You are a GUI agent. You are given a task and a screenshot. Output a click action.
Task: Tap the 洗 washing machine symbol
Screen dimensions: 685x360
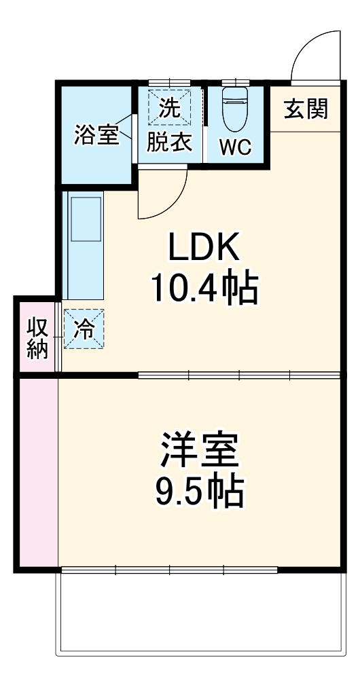pos(169,106)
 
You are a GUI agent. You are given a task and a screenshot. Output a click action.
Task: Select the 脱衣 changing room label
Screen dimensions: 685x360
pos(170,144)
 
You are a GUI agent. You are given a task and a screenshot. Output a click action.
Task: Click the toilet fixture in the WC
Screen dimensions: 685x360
pos(236,109)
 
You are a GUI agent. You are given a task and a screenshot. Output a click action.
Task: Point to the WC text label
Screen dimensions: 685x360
pos(236,145)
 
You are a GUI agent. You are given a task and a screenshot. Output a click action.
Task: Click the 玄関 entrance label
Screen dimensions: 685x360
pos(306,109)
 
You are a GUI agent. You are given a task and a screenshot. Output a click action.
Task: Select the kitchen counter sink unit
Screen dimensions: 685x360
pos(84,244)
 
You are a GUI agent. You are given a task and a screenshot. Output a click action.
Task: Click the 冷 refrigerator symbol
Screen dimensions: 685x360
pos(84,329)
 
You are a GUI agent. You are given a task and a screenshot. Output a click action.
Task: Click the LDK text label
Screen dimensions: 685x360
pos(204,250)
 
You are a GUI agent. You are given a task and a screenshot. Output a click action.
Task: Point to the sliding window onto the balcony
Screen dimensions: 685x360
pos(170,570)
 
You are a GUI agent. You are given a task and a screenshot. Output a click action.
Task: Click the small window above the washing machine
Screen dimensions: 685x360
pos(169,83)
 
